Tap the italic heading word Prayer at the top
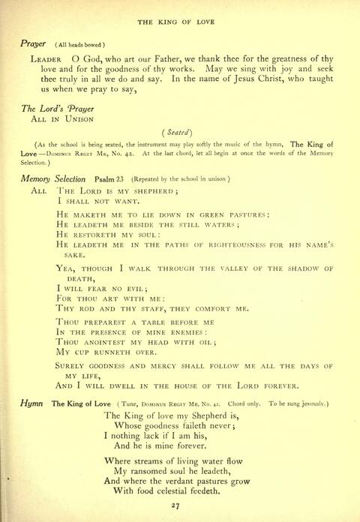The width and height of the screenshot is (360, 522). (x=34, y=44)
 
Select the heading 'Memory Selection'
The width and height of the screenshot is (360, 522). (x=54, y=179)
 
